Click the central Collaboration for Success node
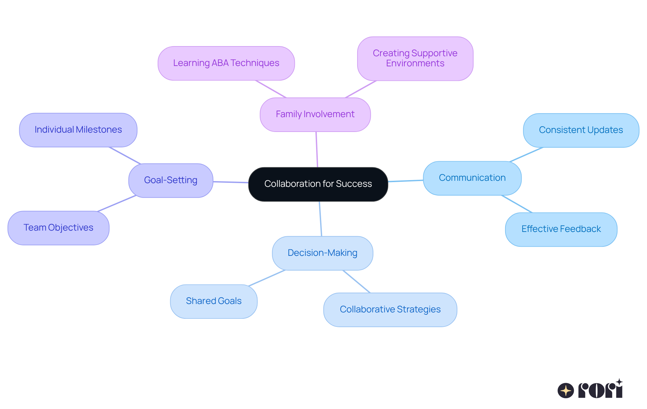pos(318,184)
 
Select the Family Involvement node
pos(315,114)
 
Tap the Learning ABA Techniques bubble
pos(226,63)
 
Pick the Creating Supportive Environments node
pos(415,59)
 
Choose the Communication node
pos(472,178)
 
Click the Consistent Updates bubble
pos(581,130)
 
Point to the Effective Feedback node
pos(561,229)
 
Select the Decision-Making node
pos(322,253)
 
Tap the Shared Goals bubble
pos(214,301)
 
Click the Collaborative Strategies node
pos(390,310)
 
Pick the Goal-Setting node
pos(171,180)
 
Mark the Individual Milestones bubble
pos(78,130)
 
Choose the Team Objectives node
pos(58,228)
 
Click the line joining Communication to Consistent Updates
pos(526,155)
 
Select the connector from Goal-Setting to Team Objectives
pos(117,203)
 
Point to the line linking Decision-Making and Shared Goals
pos(267,278)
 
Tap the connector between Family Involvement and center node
pos(317,149)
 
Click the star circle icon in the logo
pos(565,390)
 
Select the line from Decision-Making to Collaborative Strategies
pos(357,281)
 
